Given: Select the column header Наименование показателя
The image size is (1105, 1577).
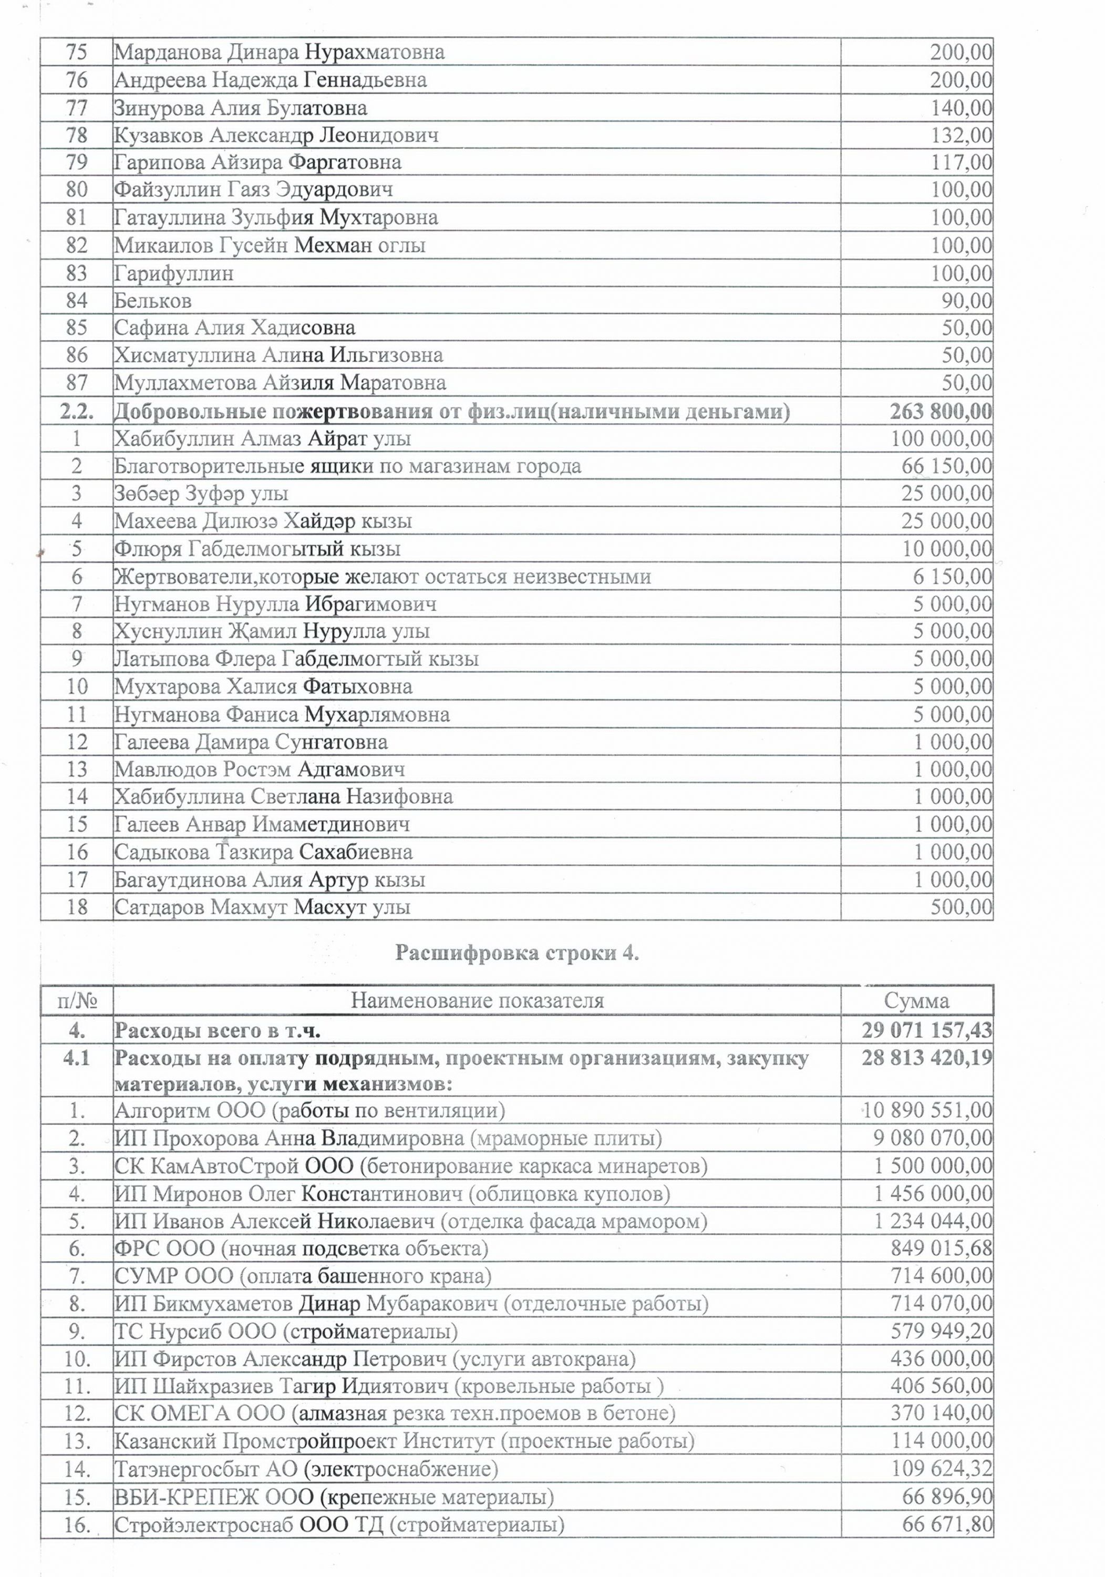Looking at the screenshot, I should coord(477,1001).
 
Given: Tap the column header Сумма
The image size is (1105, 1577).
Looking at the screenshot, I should coord(916,1001).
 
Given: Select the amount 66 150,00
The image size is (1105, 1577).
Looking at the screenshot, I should coord(946,466).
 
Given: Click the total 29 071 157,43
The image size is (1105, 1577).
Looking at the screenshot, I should coord(926,1031).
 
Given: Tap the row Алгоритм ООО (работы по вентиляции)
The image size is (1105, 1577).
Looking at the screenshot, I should coord(309,1111).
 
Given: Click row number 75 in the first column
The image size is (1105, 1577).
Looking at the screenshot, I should coord(76,52).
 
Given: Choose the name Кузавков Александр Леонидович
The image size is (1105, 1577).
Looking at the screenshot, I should coord(276,135).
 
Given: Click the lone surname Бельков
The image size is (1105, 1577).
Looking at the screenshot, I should coord(152,301).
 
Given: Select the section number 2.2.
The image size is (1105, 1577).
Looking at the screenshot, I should coord(76,412).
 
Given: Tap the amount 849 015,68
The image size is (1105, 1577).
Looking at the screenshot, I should coord(941,1248).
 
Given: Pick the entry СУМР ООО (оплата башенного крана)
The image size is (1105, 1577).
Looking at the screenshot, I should coord(302,1276).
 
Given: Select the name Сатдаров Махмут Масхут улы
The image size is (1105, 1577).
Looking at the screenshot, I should coord(262,907).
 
